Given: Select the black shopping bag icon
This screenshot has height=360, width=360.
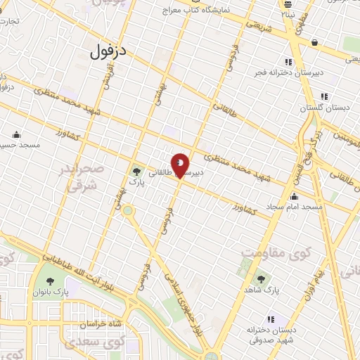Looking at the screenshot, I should (x=314, y=43).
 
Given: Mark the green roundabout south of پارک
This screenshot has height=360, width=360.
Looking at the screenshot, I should (x=128, y=210).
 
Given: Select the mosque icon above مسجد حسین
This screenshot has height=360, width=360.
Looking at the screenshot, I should (x=16, y=134).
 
